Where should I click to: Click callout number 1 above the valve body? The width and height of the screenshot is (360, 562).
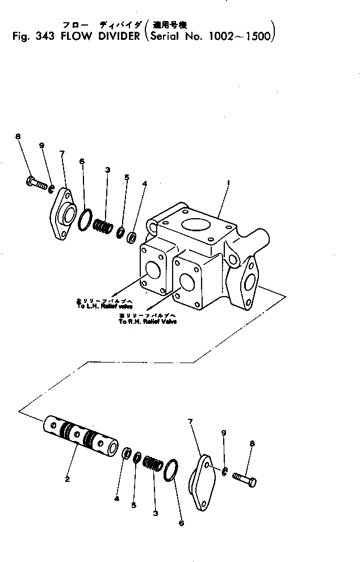click(x=228, y=183)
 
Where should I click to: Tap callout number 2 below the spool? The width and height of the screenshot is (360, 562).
click(x=68, y=479)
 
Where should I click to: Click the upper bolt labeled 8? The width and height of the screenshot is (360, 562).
click(x=36, y=184)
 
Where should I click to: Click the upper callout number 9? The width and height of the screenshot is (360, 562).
click(x=42, y=145)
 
